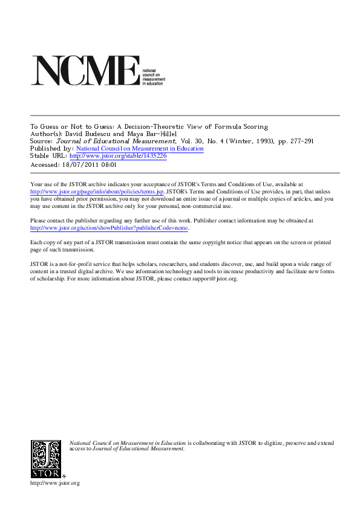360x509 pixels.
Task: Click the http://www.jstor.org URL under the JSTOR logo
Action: click(54, 483)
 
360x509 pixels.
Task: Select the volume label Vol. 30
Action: click(194, 141)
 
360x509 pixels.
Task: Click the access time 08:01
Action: click(108, 163)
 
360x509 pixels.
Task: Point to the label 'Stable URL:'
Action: click(49, 156)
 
